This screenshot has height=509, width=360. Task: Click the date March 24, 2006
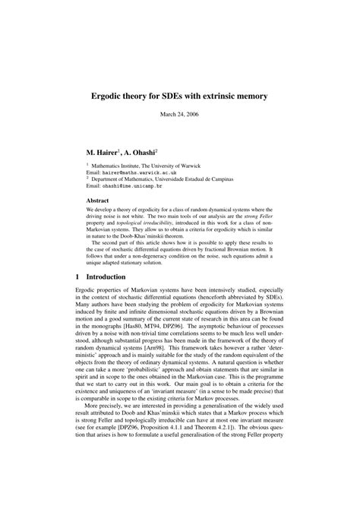coord(180,115)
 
